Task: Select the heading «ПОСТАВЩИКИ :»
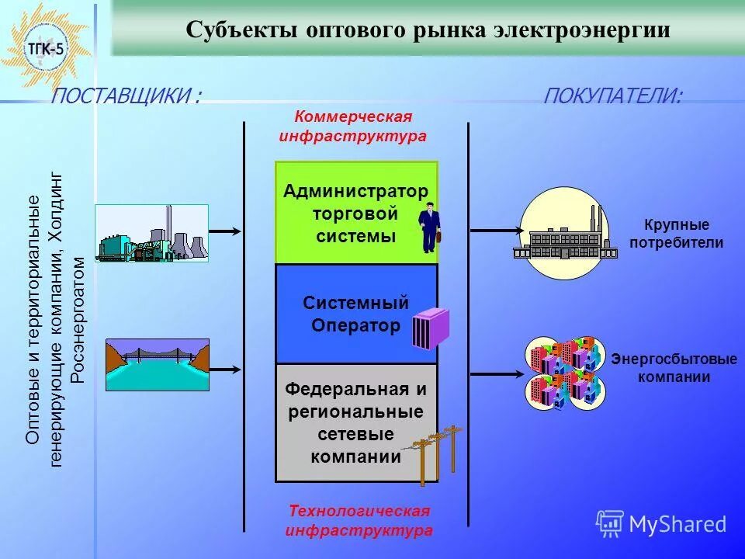[126, 96]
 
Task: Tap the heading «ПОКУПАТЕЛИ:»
[613, 96]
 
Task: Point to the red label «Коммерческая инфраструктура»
[353, 126]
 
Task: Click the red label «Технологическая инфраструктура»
[359, 521]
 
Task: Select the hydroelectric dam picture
[158, 364]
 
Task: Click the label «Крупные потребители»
[677, 234]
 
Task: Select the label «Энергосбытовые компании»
[674, 369]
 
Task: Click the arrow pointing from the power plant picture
[226, 231]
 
